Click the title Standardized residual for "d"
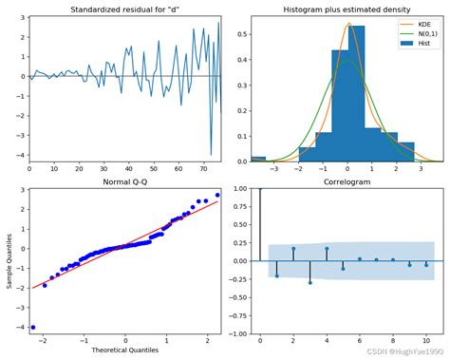tap(124, 9)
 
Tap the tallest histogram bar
tap(356, 95)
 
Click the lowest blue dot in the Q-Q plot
tap(33, 327)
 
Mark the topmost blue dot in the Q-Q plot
tap(216, 195)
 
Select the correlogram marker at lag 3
tap(310, 282)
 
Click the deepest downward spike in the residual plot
tap(211, 154)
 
